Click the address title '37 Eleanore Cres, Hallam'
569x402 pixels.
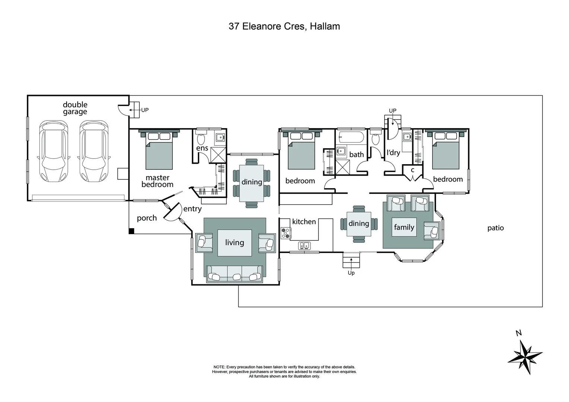(x=284, y=26)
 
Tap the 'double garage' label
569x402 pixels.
(x=75, y=108)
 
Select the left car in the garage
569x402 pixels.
(x=54, y=151)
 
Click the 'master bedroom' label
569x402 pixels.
(x=158, y=181)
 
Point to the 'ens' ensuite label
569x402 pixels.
(x=202, y=148)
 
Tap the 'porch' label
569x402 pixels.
(x=147, y=218)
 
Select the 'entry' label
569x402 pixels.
(x=192, y=209)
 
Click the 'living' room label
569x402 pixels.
(x=235, y=243)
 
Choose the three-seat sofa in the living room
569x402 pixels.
(x=235, y=275)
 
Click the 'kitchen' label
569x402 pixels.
(x=304, y=222)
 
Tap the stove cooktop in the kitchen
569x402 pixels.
(x=286, y=233)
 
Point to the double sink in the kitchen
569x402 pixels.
(x=304, y=245)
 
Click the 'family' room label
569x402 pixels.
(x=404, y=227)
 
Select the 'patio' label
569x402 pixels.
(x=495, y=228)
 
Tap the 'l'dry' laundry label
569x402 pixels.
(x=393, y=152)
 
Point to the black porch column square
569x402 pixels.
(x=131, y=231)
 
